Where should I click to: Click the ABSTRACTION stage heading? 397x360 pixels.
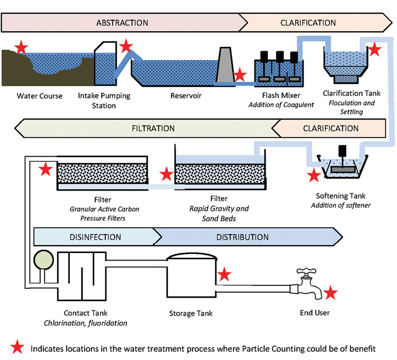(x=122, y=23)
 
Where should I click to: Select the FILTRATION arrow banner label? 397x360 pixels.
(x=153, y=128)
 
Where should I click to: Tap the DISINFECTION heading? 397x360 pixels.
(x=95, y=237)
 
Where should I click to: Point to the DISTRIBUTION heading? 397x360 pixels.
(x=242, y=237)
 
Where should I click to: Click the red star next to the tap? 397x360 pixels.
(x=331, y=292)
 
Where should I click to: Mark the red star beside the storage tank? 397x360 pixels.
(x=224, y=274)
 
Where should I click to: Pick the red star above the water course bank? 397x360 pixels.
(x=21, y=48)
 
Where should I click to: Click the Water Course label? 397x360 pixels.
(x=40, y=96)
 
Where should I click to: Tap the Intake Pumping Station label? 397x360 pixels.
(x=104, y=100)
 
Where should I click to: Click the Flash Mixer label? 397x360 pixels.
(x=281, y=96)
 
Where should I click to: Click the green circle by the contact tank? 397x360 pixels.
(x=42, y=260)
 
